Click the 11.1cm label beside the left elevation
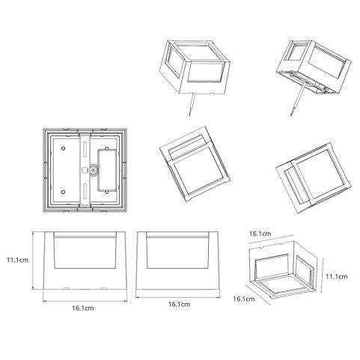point(17,260)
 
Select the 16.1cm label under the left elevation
point(83,308)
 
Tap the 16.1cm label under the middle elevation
point(179,305)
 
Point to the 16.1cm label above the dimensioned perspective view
point(260,234)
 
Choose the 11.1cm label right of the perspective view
point(337,277)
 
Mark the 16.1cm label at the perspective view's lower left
point(244,299)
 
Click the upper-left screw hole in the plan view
point(64,148)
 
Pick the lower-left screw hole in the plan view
point(64,192)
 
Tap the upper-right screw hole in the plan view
point(107,148)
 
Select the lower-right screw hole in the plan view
point(107,192)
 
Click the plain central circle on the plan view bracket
point(85,170)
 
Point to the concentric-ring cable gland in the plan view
point(94,170)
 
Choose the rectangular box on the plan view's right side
point(107,170)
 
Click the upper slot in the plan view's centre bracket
point(85,150)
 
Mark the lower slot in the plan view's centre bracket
point(85,191)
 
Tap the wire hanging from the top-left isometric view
point(192,105)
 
